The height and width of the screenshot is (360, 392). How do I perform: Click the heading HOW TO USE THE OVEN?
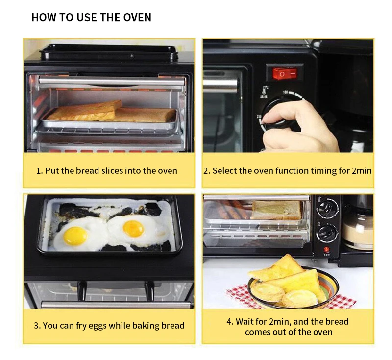click(x=91, y=18)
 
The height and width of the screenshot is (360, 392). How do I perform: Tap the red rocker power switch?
click(x=285, y=73)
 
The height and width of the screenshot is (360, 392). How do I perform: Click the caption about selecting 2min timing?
click(x=288, y=171)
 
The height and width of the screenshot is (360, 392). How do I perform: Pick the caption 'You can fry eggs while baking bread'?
click(x=109, y=325)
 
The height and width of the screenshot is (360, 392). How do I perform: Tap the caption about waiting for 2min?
click(x=288, y=326)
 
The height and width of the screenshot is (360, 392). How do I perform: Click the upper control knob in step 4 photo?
click(x=327, y=208)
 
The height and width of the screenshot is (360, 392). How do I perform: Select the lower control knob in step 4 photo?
click(x=326, y=232)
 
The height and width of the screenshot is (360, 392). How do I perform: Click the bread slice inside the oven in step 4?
click(x=276, y=210)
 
